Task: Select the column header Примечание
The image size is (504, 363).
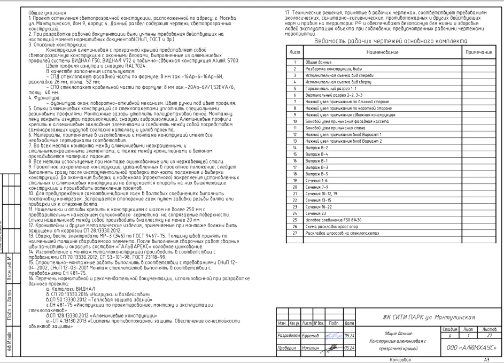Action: [478, 53]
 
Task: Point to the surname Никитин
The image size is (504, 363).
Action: [319, 346]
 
